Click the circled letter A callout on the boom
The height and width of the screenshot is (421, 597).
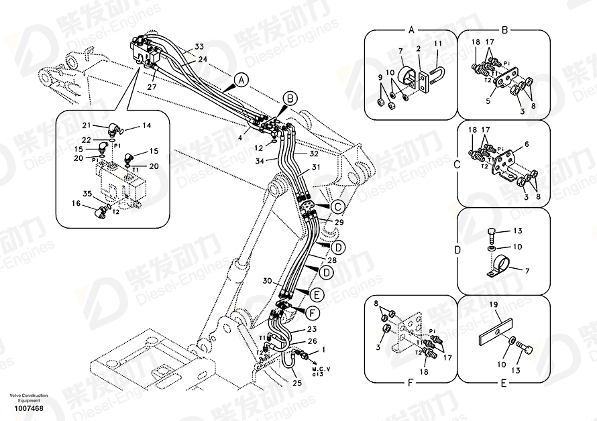(241, 80)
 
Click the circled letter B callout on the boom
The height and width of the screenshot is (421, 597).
(289, 99)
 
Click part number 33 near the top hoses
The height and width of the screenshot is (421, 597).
(199, 47)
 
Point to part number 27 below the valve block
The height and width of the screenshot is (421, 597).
(152, 86)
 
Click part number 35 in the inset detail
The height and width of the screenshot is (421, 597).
(87, 194)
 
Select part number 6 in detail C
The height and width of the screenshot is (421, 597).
(526, 144)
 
